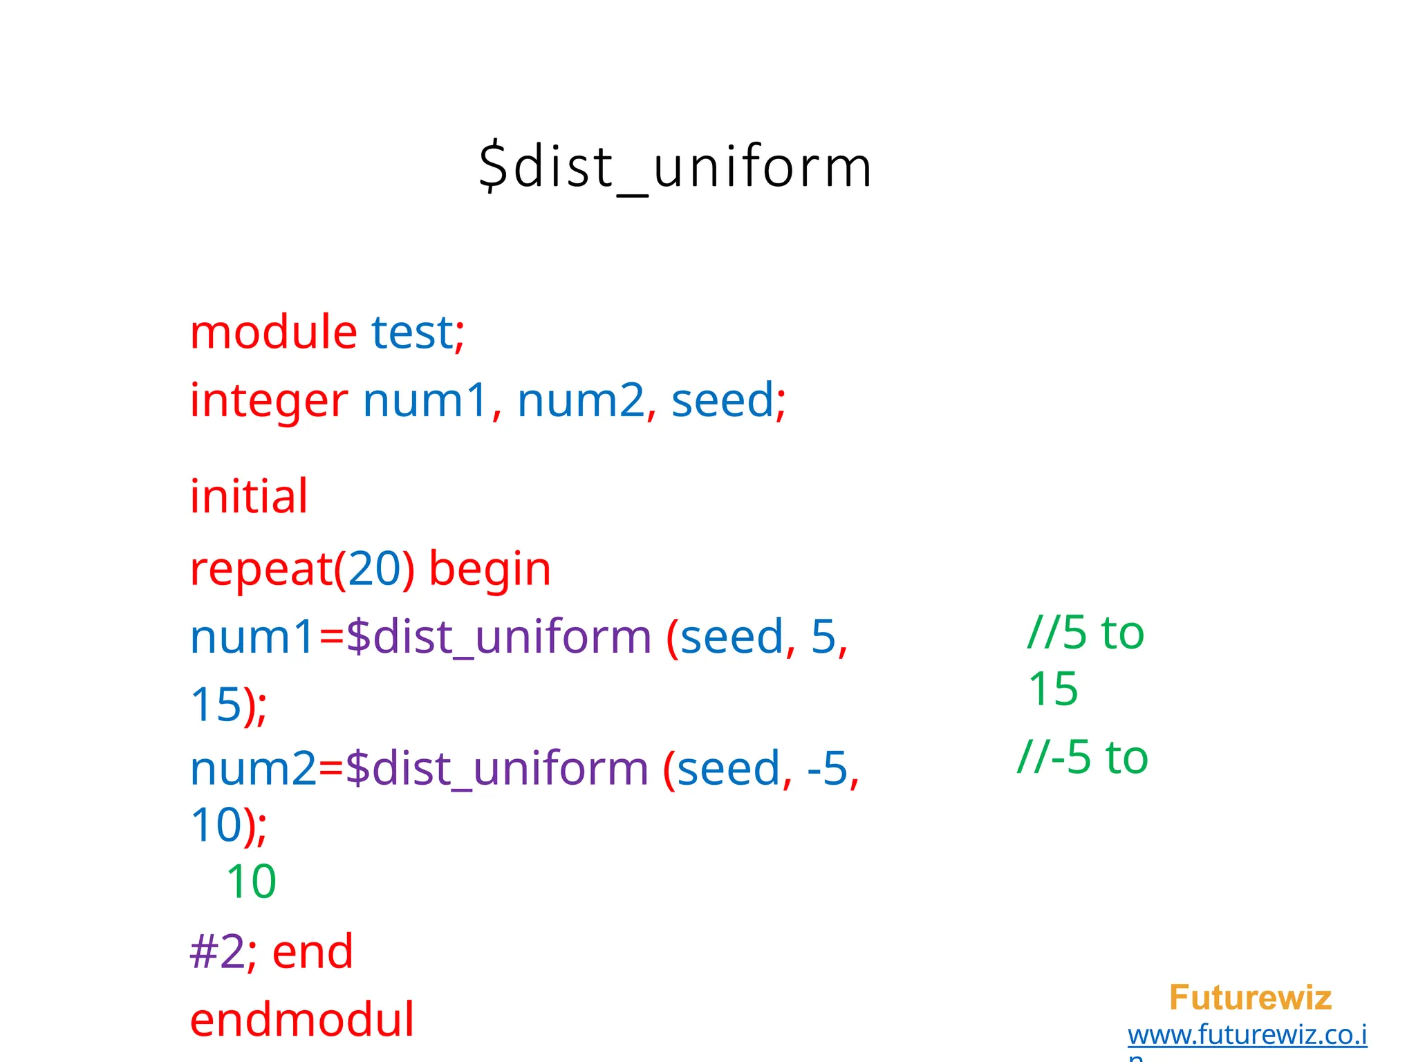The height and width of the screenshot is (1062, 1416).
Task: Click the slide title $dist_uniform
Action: (675, 167)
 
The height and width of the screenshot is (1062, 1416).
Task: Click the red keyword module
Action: (273, 333)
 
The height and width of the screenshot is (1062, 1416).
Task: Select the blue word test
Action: (412, 333)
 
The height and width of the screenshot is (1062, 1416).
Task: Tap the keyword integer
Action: (269, 401)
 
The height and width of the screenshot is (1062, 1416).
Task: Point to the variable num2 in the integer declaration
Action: (581, 401)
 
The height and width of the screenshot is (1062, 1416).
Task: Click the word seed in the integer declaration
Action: (723, 401)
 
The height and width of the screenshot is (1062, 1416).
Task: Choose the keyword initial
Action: (249, 496)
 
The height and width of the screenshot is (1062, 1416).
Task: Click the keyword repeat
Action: (261, 570)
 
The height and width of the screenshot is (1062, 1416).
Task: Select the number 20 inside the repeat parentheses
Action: (375, 569)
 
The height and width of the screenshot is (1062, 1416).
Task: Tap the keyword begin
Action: (490, 569)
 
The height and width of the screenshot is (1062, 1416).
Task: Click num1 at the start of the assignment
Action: (253, 637)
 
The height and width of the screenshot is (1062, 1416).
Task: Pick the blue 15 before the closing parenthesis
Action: (216, 705)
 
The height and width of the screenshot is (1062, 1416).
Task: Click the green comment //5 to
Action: (1086, 633)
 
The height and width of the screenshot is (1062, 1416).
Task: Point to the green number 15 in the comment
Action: (1053, 689)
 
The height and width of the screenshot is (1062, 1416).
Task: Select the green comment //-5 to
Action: (1083, 757)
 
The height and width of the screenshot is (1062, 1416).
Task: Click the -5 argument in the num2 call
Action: (827, 768)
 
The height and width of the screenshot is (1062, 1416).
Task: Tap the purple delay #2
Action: (216, 952)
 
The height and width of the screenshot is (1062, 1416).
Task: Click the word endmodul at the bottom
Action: (302, 1020)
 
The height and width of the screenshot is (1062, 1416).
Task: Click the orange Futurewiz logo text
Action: (1250, 998)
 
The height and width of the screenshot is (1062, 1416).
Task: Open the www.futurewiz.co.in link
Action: (1247, 1035)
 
